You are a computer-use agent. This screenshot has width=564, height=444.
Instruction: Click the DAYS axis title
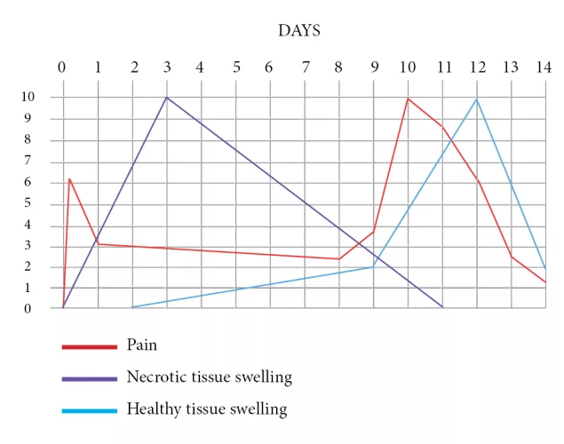[299, 30]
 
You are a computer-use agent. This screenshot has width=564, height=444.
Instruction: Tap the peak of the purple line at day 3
[166, 97]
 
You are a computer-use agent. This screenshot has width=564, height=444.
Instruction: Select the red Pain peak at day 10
[408, 98]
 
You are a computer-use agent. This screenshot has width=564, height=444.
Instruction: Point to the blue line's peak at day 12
[477, 99]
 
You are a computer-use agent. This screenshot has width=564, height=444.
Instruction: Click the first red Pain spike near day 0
[69, 178]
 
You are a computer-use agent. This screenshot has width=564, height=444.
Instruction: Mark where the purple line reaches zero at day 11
[442, 308]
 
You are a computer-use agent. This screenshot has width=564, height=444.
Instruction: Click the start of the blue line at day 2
[131, 307]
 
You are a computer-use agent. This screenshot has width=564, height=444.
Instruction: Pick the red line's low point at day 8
[338, 258]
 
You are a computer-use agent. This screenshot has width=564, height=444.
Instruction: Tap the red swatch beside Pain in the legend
[89, 346]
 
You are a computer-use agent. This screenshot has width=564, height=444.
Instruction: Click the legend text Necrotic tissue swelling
[209, 377]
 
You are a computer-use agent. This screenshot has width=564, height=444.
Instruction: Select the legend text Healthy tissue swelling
[207, 409]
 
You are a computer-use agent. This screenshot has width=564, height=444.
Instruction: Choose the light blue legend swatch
[89, 410]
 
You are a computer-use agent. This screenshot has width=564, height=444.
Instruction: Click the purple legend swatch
[89, 378]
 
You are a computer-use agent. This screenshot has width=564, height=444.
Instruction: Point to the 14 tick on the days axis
[544, 67]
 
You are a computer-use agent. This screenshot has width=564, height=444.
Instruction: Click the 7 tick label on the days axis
[305, 67]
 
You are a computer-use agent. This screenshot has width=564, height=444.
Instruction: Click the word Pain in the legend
[142, 345]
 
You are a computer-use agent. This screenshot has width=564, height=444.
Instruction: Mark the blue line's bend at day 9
[373, 266]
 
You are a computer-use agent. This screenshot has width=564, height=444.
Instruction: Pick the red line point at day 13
[512, 257]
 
